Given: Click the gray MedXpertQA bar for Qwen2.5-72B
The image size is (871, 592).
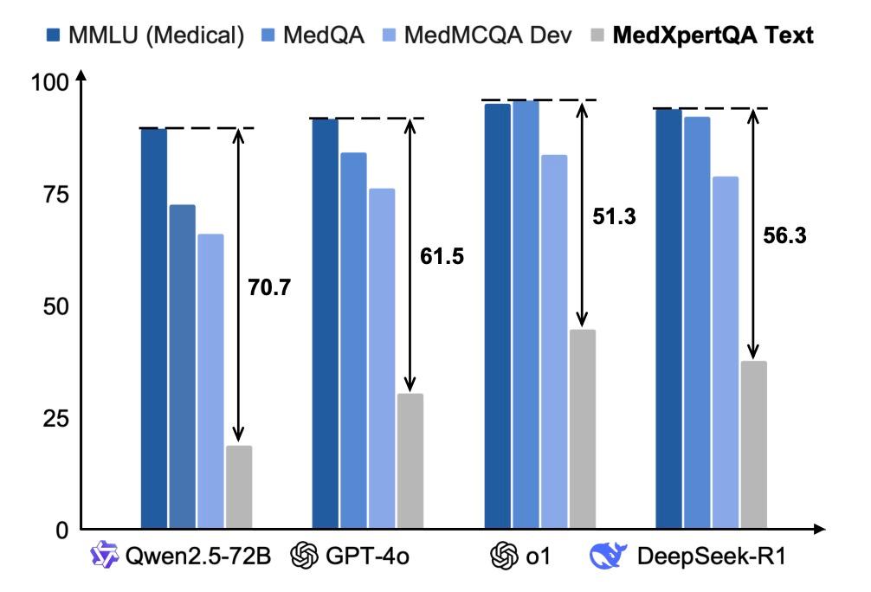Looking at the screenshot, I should point(239,487).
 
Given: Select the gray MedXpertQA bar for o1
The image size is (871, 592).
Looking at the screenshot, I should point(583,429).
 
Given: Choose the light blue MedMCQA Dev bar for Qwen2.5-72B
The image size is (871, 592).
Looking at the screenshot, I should point(210,381).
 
